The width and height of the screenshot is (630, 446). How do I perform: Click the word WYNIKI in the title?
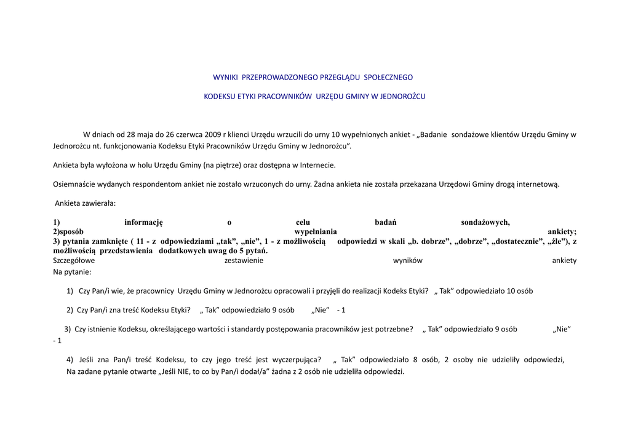(226, 78)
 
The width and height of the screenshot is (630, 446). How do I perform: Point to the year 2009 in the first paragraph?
(214, 134)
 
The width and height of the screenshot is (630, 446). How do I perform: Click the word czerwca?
(188, 134)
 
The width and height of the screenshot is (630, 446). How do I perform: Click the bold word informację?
(143, 222)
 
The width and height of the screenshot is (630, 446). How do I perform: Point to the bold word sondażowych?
(485, 222)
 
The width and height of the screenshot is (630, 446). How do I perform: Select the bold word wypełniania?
(316, 232)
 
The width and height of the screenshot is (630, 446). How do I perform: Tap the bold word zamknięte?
(110, 241)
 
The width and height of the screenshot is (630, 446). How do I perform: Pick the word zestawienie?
(244, 261)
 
